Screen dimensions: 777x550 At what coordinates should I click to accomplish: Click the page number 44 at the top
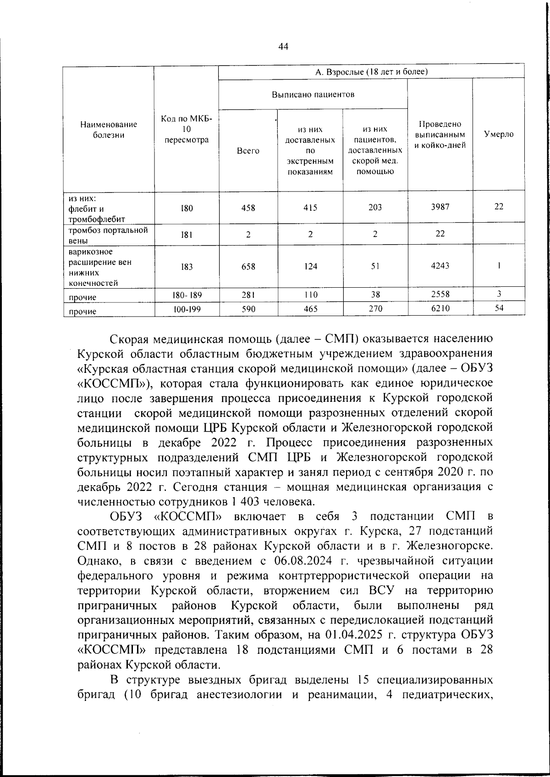283,46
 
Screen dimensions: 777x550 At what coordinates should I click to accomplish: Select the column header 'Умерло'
499,134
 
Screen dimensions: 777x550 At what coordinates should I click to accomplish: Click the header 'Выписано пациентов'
313,94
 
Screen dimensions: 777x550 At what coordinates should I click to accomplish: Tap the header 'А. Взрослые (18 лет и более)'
371,71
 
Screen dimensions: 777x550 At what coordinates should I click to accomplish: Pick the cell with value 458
248,208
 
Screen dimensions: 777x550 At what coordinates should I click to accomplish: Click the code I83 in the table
187,267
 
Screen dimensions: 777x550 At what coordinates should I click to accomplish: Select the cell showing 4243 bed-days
440,266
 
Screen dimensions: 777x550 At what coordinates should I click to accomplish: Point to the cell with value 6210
440,309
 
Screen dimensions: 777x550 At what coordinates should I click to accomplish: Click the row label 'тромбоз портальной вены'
108,235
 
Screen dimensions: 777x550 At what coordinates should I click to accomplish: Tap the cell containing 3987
440,207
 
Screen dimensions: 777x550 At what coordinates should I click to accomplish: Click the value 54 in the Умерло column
499,308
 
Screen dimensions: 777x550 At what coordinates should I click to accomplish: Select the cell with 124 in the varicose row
310,267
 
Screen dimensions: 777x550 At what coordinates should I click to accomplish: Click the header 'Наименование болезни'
109,130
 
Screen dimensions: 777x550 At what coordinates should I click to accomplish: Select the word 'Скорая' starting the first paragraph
129,339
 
